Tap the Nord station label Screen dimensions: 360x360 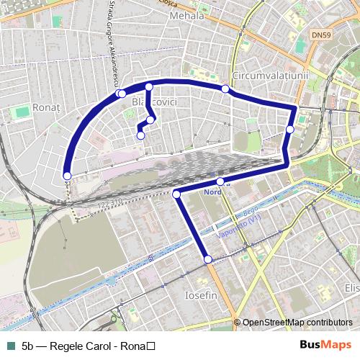pyautogui.click(x=213, y=192)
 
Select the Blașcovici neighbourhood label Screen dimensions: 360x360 pyautogui.click(x=155, y=103)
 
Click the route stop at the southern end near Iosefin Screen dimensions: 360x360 pyautogui.click(x=208, y=259)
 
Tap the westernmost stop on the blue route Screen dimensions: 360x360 pyautogui.click(x=67, y=176)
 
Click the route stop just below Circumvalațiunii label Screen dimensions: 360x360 pyautogui.click(x=225, y=89)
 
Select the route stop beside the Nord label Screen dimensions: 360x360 pyautogui.click(x=220, y=181)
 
